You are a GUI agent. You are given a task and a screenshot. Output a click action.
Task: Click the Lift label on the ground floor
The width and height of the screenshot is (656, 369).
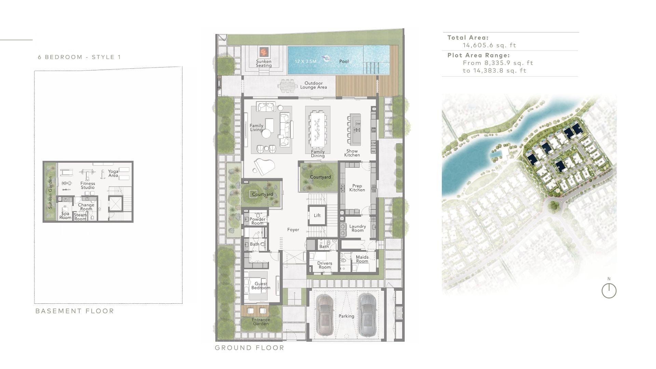317,216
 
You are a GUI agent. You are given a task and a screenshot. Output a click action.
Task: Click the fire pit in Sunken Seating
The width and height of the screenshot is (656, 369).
264,52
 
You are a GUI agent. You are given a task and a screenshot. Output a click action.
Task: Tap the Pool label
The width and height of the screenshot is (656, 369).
344,61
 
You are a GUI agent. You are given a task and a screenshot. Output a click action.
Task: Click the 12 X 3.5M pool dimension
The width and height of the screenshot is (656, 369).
305,61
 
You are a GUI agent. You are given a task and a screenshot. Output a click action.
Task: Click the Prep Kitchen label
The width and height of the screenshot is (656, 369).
357,188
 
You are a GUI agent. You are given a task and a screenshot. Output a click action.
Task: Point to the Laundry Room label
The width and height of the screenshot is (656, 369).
358,228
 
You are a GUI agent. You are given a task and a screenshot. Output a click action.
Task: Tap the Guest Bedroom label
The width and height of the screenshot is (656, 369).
261,286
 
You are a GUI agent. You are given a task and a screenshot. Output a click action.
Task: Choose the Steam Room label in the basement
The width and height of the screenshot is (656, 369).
80,217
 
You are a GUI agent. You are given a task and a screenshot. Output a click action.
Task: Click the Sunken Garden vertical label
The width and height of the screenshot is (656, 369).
50,192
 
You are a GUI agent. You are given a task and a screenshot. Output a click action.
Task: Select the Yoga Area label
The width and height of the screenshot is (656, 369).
113,174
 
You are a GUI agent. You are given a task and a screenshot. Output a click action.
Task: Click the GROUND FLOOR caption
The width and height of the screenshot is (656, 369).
249,348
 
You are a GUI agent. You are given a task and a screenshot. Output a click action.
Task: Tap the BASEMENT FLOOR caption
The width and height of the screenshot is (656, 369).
74,311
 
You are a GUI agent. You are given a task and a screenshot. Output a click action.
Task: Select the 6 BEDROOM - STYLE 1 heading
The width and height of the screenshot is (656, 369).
79,57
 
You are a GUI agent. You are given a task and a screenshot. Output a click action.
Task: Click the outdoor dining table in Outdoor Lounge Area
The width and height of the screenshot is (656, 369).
288,86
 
